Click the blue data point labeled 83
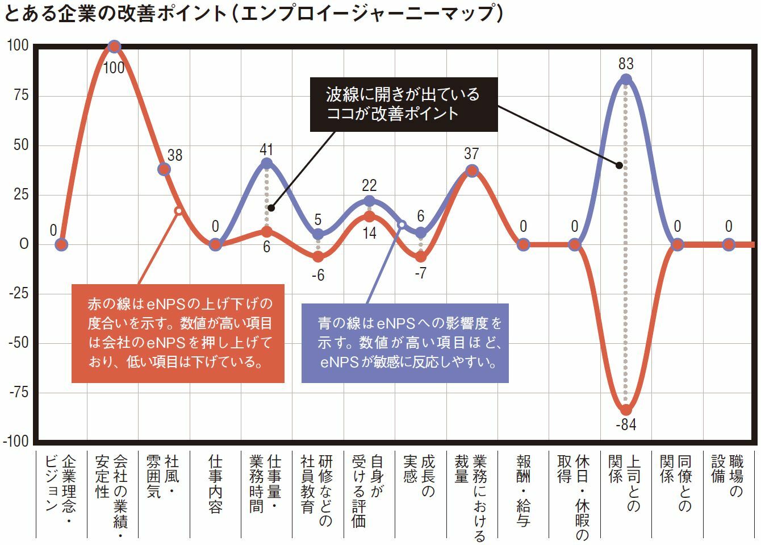(626, 80)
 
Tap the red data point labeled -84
(626, 410)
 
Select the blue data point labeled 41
(266, 164)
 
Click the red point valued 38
(164, 169)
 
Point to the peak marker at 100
(114, 47)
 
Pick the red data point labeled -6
(318, 257)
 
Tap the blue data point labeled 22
(369, 201)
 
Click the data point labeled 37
(472, 170)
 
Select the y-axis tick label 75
(20, 95)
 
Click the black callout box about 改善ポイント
(403, 104)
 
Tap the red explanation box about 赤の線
(178, 333)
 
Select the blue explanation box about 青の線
(404, 342)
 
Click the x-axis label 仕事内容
(215, 483)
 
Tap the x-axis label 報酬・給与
(523, 489)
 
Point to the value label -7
(420, 273)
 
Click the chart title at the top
(253, 14)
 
